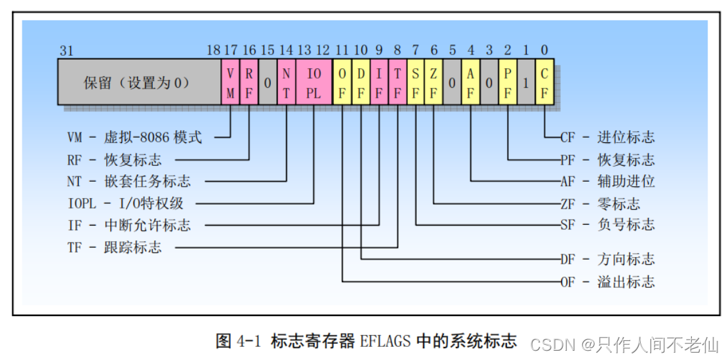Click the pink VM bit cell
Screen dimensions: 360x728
click(x=231, y=83)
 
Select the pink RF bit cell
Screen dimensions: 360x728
click(x=249, y=83)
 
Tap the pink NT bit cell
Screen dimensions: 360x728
click(x=287, y=83)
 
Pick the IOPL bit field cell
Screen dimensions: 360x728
click(x=314, y=83)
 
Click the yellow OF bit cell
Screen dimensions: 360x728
click(x=342, y=83)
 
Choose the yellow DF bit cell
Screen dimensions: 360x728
click(x=361, y=83)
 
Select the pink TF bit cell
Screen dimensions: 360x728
click(x=397, y=83)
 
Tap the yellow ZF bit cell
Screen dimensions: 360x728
click(x=434, y=83)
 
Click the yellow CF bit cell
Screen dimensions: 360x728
click(x=545, y=83)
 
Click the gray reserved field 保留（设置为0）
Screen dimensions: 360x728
click(x=138, y=83)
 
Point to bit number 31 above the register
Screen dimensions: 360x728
click(x=66, y=50)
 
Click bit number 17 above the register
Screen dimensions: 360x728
click(x=231, y=50)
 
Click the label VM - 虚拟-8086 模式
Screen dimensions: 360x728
click(x=134, y=138)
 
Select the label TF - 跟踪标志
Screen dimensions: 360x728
click(x=114, y=248)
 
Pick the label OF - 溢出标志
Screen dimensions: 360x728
click(x=607, y=282)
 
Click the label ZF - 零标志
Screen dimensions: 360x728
click(x=600, y=203)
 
